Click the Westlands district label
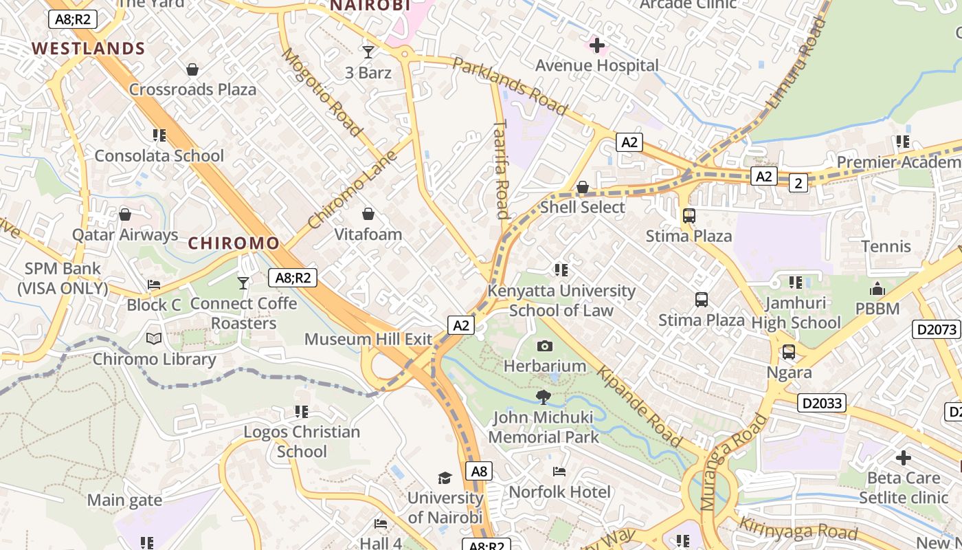point(89,49)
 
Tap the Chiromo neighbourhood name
point(234,243)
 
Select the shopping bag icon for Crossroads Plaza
point(192,69)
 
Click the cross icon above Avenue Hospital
point(597,45)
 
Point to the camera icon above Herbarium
point(545,346)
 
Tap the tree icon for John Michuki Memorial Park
point(544,397)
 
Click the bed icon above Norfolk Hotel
point(559,472)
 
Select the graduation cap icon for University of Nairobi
point(445,478)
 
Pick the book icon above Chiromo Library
point(154,339)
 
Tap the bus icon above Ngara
point(789,352)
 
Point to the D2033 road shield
point(822,403)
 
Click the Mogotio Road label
point(321,92)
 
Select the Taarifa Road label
point(502,169)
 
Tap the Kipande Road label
point(639,406)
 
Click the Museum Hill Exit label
point(368,339)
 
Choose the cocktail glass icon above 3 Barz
point(368,52)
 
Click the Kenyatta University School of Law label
point(561,300)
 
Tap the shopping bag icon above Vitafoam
point(368,214)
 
